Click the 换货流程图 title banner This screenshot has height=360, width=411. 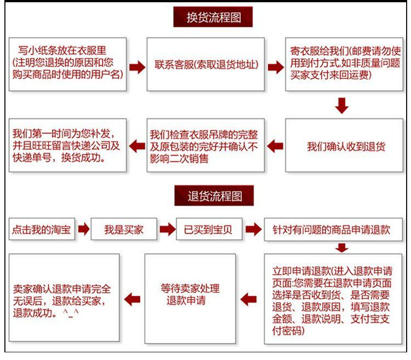213,17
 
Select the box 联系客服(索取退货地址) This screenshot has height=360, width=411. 206,64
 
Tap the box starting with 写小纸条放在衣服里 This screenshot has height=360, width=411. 67,64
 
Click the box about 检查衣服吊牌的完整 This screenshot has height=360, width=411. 206,146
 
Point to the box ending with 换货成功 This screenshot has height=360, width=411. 67,145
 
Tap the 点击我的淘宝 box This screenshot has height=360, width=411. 41,230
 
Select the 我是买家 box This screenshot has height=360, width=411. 124,230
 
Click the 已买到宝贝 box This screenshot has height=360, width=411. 208,230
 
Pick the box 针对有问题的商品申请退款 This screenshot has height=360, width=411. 335,230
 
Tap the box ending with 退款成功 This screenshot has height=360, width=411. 64,299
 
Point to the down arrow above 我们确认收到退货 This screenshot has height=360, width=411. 342,105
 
